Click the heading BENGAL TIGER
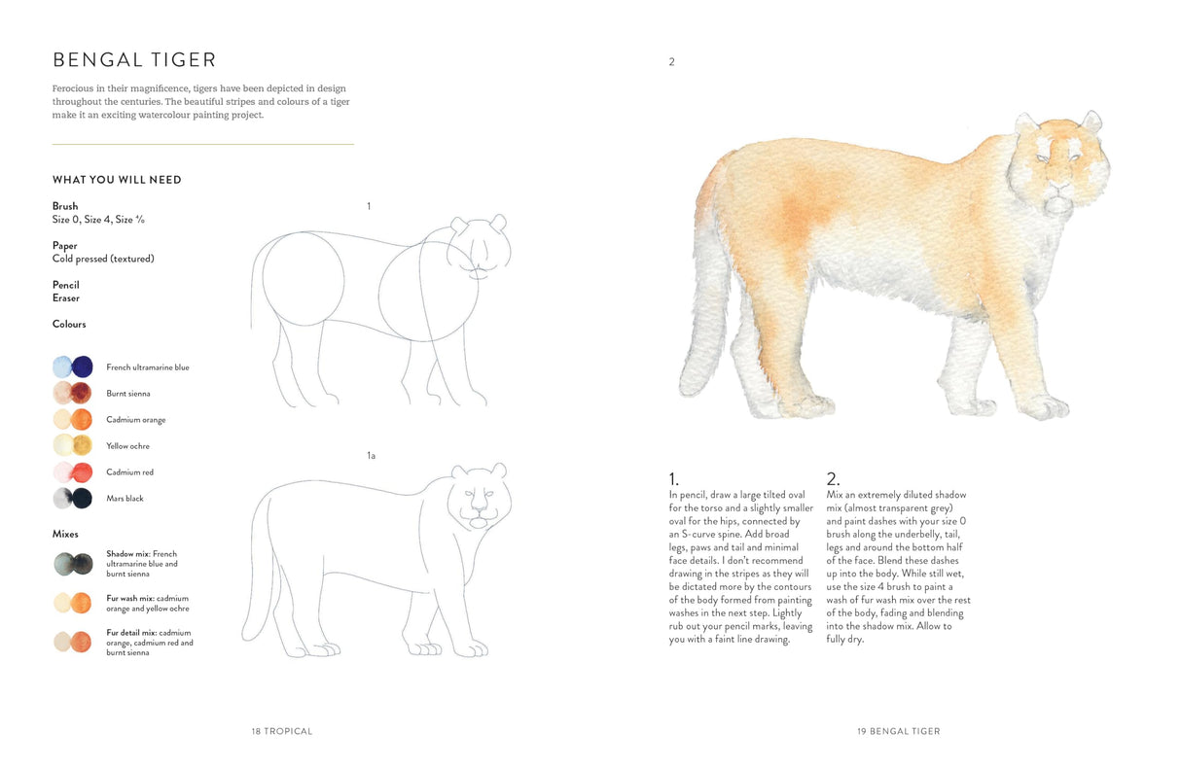click(x=134, y=60)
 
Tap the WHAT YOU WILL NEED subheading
click(x=117, y=180)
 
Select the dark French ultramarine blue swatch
click(x=83, y=367)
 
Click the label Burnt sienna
click(x=128, y=394)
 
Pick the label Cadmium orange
click(x=136, y=420)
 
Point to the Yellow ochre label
click(x=127, y=446)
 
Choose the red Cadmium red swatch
click(x=83, y=472)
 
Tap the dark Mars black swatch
click(x=83, y=499)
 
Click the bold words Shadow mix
click(x=126, y=554)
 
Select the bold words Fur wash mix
click(x=130, y=598)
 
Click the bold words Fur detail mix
click(x=131, y=633)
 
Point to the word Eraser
click(x=66, y=298)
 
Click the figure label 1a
click(x=371, y=455)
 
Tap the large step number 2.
click(x=833, y=478)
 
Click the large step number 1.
click(x=673, y=478)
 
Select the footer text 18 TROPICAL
click(x=282, y=731)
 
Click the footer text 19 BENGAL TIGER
click(x=899, y=731)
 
